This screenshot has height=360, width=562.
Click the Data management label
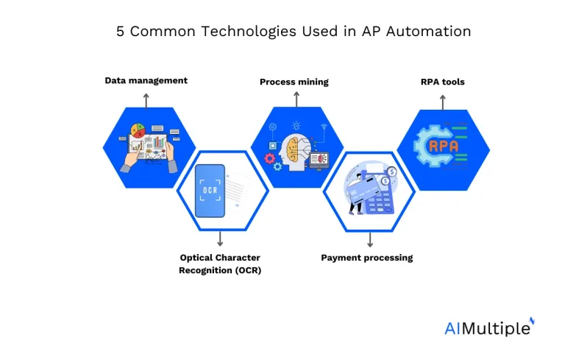(146, 81)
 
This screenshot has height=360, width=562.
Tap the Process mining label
(294, 82)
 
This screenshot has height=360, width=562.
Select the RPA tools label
(443, 82)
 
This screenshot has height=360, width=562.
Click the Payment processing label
(366, 258)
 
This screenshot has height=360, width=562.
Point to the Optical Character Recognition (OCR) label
(220, 264)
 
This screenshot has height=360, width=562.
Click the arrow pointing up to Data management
(146, 100)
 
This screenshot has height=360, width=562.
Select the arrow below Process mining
(296, 99)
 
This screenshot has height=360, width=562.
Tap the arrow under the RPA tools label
(443, 102)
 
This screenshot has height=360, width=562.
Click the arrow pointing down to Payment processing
(370, 240)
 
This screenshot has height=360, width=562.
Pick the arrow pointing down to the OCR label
(220, 239)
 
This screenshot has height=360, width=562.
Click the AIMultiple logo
(490, 327)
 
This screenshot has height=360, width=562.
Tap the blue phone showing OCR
(210, 191)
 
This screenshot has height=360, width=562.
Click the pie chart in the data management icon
(138, 130)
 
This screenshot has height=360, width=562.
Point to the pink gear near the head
(269, 158)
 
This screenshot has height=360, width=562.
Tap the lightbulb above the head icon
(296, 125)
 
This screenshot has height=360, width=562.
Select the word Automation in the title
(428, 32)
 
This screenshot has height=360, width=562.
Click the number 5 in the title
(120, 32)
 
